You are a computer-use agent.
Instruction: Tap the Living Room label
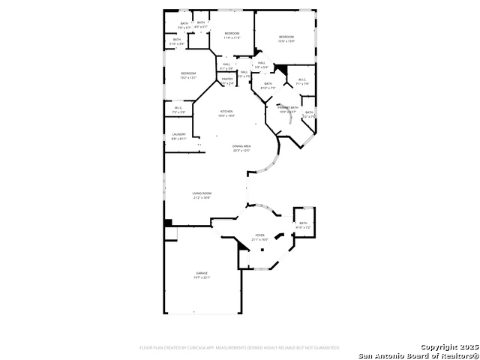(x=202, y=195)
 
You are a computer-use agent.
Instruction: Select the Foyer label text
(x=259, y=237)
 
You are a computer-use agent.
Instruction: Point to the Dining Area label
(x=241, y=148)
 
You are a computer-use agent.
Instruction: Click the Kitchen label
(x=226, y=113)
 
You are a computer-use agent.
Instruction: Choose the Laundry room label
(x=178, y=136)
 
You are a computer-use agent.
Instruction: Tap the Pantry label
(x=227, y=80)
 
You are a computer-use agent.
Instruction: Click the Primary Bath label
(x=288, y=109)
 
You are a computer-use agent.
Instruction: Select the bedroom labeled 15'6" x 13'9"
(x=286, y=39)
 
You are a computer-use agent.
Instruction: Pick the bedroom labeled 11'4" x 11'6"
(x=232, y=35)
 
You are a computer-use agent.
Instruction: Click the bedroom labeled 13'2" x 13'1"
(x=188, y=75)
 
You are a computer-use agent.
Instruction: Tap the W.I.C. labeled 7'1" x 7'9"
(x=302, y=81)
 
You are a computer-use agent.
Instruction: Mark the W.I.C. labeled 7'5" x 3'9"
(x=179, y=109)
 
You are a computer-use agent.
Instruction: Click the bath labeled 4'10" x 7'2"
(x=304, y=225)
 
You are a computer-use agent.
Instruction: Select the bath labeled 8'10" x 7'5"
(x=268, y=85)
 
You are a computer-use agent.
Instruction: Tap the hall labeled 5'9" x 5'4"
(x=261, y=64)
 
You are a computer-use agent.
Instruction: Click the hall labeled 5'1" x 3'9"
(x=226, y=66)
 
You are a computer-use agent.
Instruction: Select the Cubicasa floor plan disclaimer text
(x=239, y=348)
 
